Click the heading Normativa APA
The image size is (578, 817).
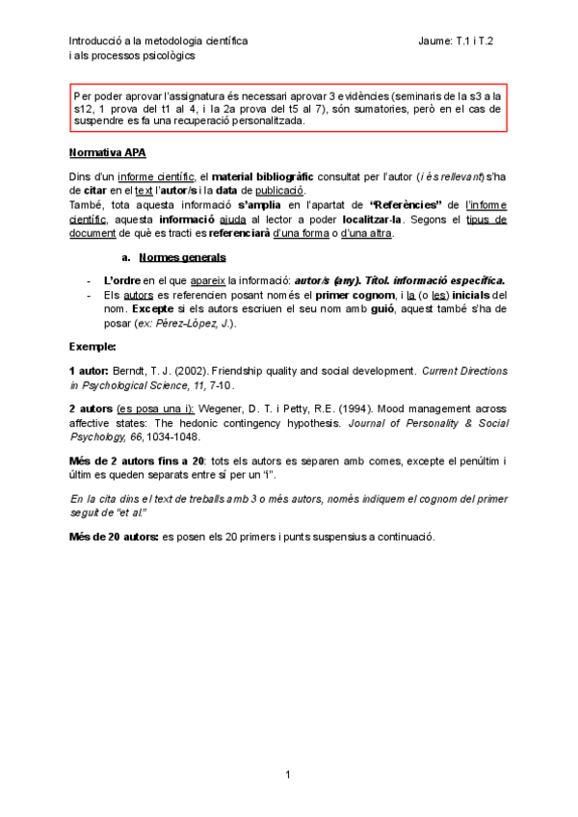tap(108, 152)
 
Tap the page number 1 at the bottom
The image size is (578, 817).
tap(288, 774)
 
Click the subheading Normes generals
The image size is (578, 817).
tap(183, 257)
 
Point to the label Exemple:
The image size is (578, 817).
tap(92, 345)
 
